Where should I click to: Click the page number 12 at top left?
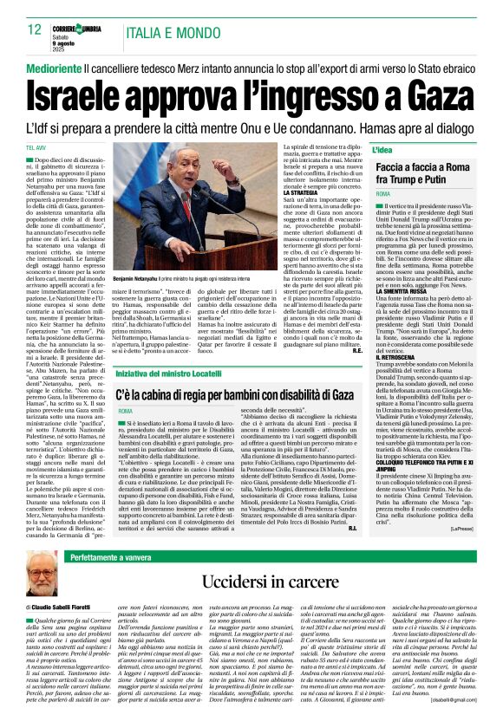point(34,29)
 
